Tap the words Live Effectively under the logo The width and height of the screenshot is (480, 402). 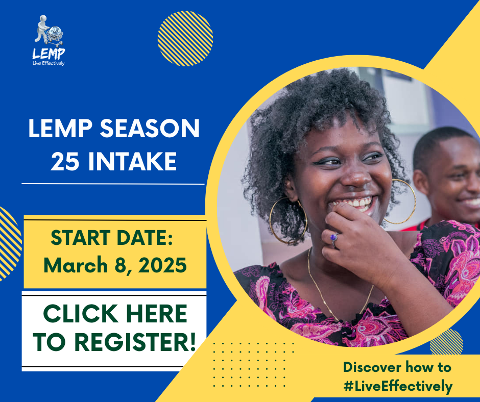(49, 63)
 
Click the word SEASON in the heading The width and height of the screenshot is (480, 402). (150, 129)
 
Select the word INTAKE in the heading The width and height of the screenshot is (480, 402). (133, 161)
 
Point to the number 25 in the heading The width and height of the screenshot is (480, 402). (65, 161)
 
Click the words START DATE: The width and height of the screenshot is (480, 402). (112, 238)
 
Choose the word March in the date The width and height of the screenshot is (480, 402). (76, 265)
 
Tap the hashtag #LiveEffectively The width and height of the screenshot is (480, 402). (398, 386)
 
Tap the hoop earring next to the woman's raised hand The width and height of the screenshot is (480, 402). (288, 220)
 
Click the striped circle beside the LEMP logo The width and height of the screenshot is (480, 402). (185, 39)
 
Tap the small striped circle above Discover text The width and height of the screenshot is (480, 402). (446, 341)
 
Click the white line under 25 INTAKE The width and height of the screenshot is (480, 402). (113, 184)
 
